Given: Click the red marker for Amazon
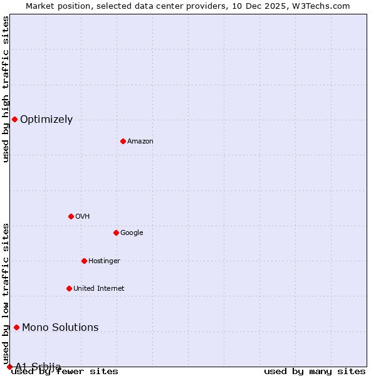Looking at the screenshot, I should pos(123,141).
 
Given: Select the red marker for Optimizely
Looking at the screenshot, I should pos(14,119).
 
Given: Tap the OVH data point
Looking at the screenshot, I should pos(71,216).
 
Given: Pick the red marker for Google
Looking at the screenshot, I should pos(116,232).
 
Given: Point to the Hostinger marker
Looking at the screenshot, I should pos(84,261).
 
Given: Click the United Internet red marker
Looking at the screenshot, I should pos(69,288).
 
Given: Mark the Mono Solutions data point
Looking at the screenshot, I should pos(16,327).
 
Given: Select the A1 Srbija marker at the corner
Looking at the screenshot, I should pos(9,367).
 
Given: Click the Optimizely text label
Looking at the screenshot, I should pos(46,120).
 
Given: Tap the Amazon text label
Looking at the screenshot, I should pos(140,142).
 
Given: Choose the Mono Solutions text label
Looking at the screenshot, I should pos(60,328).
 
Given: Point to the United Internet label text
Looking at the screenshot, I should pos(99,289).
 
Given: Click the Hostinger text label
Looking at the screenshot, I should pos(104,261).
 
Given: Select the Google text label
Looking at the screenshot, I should pos(132,233).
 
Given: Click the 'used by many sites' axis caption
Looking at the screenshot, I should pos(315,372).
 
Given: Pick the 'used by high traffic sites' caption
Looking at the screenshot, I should pos(6,90).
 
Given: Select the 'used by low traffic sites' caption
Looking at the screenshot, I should pos(6,293).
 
